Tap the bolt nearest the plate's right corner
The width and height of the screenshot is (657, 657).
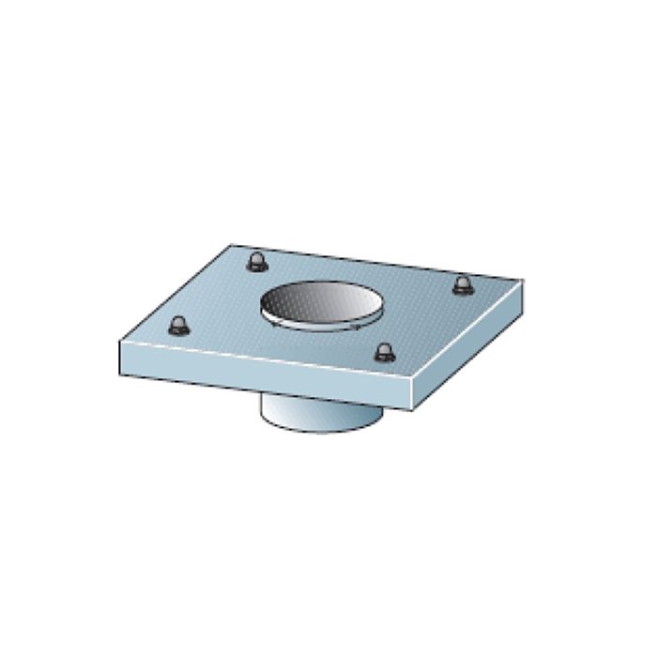tap(462, 285)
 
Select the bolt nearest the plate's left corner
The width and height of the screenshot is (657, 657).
tap(177, 327)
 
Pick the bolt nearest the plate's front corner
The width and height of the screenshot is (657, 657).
tap(384, 352)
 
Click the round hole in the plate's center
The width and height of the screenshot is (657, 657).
tap(320, 306)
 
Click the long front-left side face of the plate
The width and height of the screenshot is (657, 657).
tap(263, 367)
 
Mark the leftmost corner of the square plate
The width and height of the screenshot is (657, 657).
tap(119, 342)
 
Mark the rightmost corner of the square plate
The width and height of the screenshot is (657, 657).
tap(523, 280)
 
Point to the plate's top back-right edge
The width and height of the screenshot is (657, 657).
tap(375, 262)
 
